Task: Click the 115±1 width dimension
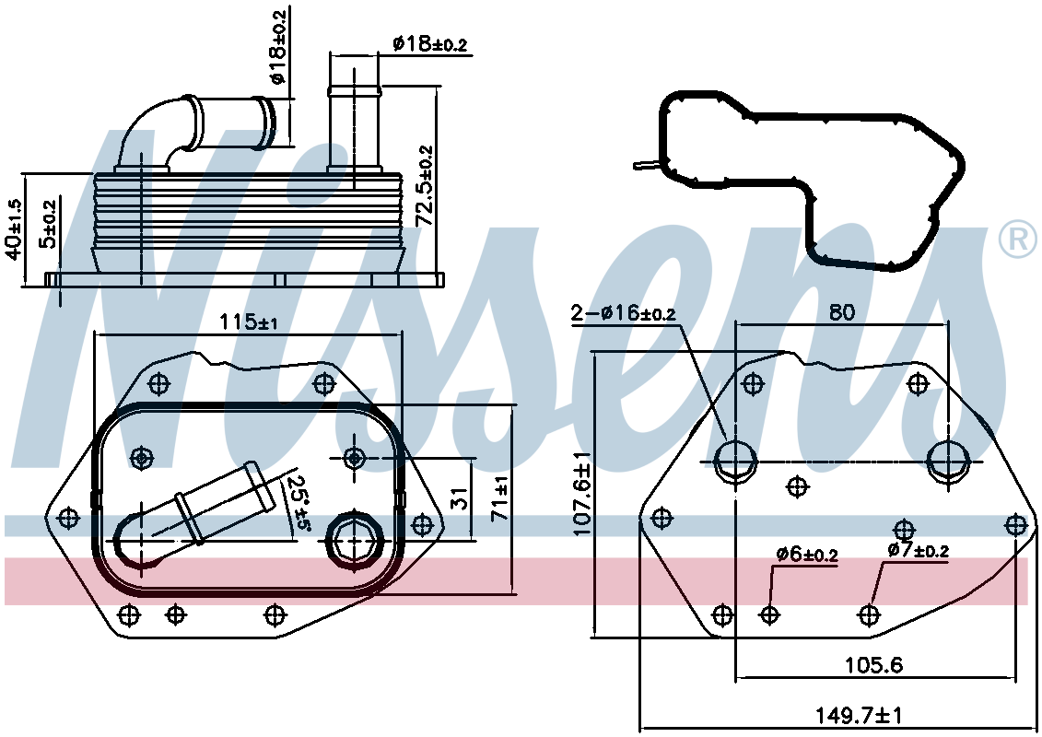point(249,322)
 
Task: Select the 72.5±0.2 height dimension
point(424,185)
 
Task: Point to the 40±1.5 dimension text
point(14,228)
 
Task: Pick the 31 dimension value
point(459,497)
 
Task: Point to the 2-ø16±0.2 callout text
point(624,312)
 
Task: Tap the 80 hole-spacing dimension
point(842,311)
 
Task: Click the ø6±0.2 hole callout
point(807,554)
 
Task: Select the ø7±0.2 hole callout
point(918,550)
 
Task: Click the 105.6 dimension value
point(874,664)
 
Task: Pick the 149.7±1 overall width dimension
point(860,715)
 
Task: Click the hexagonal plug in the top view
point(354,540)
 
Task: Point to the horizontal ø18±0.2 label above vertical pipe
point(429,44)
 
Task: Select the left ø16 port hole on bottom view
point(735,462)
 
